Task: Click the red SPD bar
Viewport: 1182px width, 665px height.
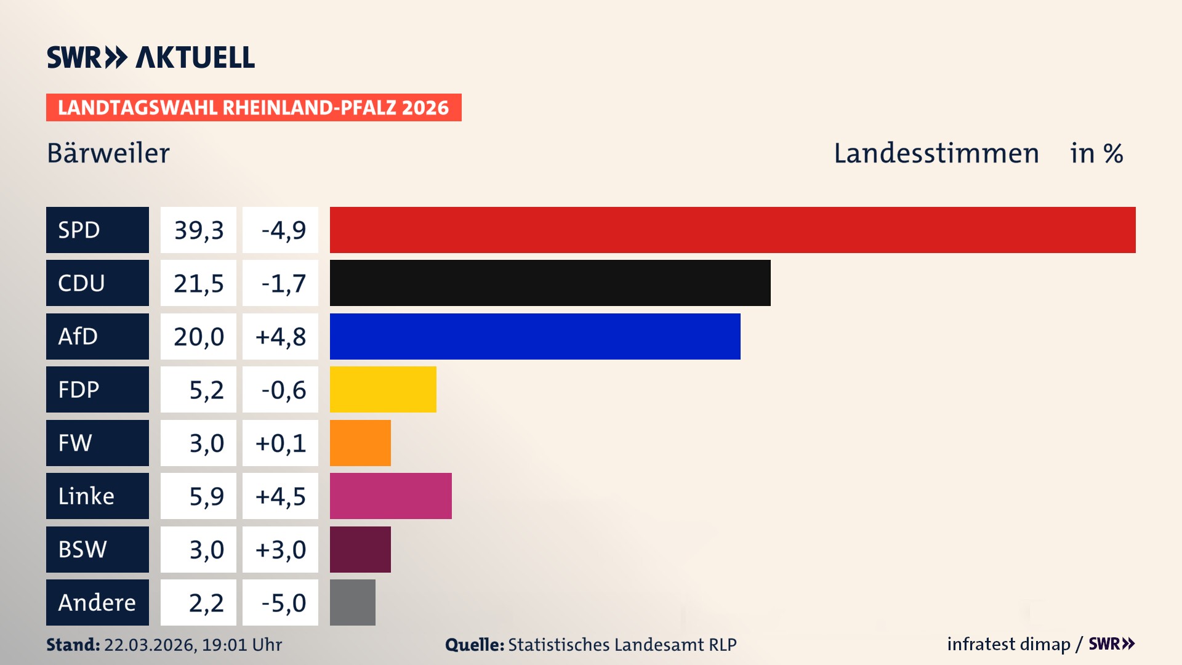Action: click(x=733, y=230)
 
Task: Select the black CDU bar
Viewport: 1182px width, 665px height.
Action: click(x=550, y=283)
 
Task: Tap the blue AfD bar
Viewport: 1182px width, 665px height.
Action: click(x=535, y=336)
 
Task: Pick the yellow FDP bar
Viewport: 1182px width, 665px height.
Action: click(x=383, y=390)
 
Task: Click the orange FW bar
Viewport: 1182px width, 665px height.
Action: click(x=360, y=443)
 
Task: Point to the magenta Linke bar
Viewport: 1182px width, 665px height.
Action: click(x=390, y=496)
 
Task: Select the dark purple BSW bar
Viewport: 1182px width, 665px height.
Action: click(x=360, y=549)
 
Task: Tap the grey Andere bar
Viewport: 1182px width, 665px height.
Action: click(x=352, y=602)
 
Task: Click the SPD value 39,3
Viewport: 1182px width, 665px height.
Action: click(x=198, y=230)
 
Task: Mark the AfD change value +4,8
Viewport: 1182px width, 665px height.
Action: click(x=281, y=337)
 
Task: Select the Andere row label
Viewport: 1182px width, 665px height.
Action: click(x=97, y=602)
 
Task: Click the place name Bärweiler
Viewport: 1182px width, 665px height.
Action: click(x=108, y=153)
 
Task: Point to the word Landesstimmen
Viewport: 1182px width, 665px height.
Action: click(x=936, y=153)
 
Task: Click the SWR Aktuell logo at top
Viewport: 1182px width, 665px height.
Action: click(x=151, y=57)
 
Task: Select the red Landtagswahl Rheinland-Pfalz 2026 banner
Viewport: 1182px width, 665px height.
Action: click(x=254, y=108)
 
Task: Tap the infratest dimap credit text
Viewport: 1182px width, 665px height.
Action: click(x=1008, y=644)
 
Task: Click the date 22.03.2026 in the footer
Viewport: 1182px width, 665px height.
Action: click(x=150, y=645)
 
